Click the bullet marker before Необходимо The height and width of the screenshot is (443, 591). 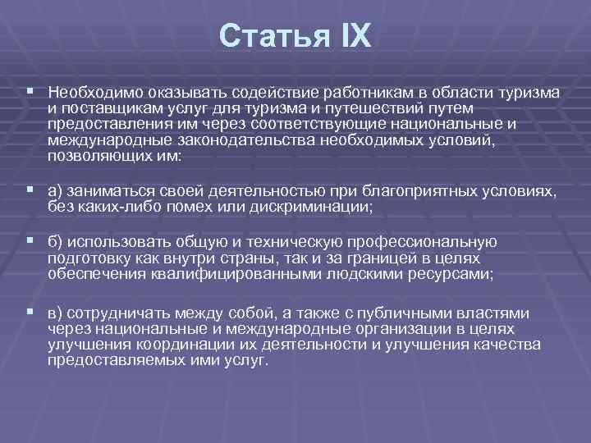coord(30,92)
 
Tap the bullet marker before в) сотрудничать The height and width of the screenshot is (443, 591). coord(30,312)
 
